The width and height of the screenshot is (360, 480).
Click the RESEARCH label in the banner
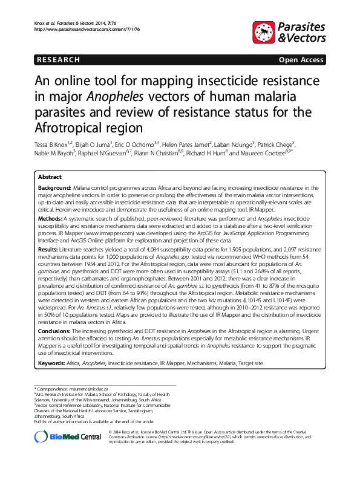tap(58, 60)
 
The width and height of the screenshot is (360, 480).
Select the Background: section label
tap(55, 189)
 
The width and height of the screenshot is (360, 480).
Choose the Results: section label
tap(49, 248)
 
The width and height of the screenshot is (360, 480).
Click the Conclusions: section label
tap(56, 332)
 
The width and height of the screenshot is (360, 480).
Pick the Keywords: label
tap(53, 363)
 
